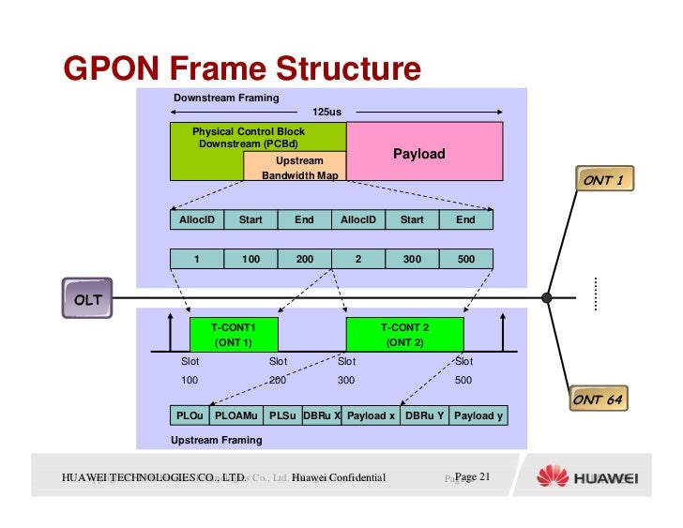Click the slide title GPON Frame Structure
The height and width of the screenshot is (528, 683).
coord(242,69)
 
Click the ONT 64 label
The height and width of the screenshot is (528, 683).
coord(598,400)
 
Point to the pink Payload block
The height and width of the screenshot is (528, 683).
coord(418,153)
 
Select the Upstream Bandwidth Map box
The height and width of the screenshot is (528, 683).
coord(294,168)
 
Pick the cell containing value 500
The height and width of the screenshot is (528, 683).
coord(465,260)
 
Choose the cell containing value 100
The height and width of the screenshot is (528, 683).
coord(250,260)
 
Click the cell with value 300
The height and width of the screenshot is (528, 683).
coord(412,260)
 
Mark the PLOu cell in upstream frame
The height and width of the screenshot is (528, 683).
coord(190,415)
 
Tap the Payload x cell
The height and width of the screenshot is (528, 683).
coord(371,415)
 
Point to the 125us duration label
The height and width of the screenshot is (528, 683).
coord(326,112)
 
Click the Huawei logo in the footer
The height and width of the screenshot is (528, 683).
coord(586,478)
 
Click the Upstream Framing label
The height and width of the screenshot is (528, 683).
coord(216,440)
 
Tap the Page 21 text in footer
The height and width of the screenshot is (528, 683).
coord(472,478)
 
